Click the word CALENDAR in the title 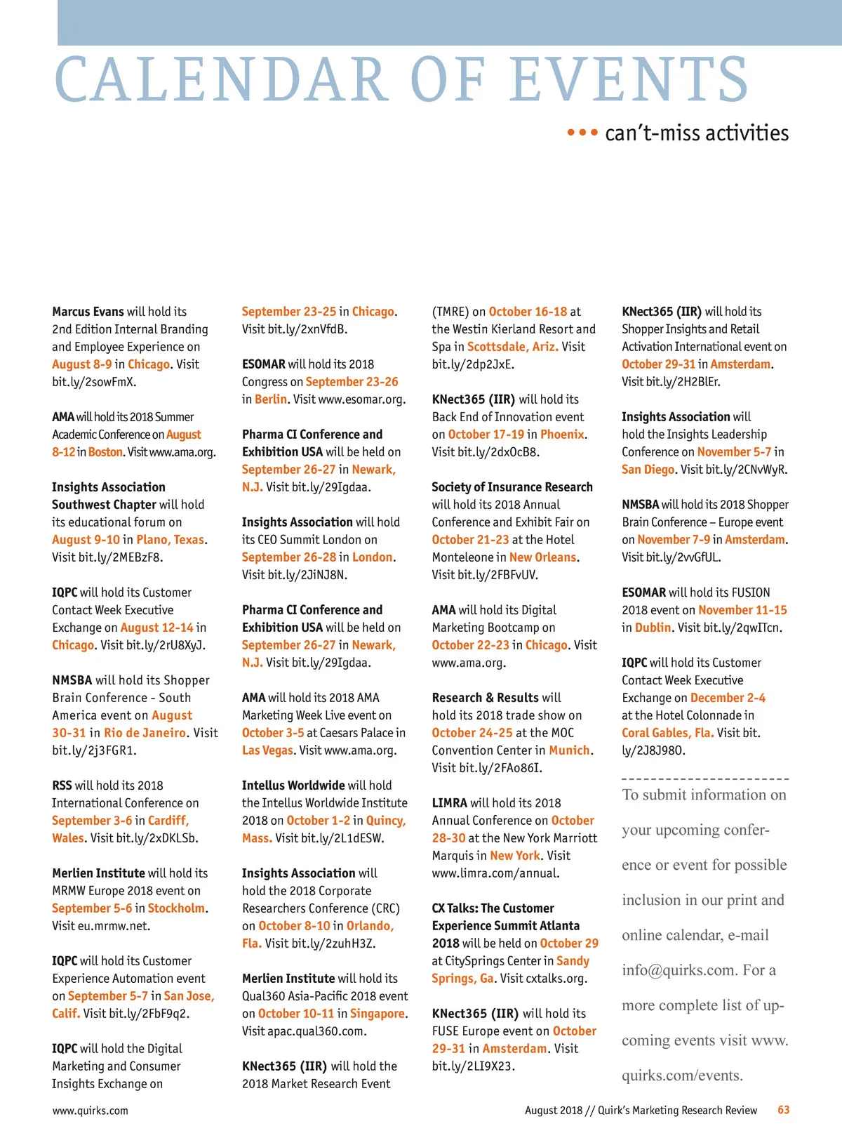tap(221, 79)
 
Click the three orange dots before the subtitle tap(582, 133)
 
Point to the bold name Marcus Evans tap(88, 311)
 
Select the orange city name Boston tap(106, 452)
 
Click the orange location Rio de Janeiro tap(145, 733)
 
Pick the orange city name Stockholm tap(177, 908)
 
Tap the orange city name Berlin tap(271, 399)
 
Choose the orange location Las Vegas tap(267, 750)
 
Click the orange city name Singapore tap(377, 1014)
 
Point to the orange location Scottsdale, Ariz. tap(513, 347)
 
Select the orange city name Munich tap(569, 750)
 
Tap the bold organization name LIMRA tap(450, 803)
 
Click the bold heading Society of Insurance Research tap(512, 487)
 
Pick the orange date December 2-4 tap(728, 698)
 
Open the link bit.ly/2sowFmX tap(94, 382)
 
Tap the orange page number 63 tap(783, 1110)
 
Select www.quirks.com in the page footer tap(90, 1111)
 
